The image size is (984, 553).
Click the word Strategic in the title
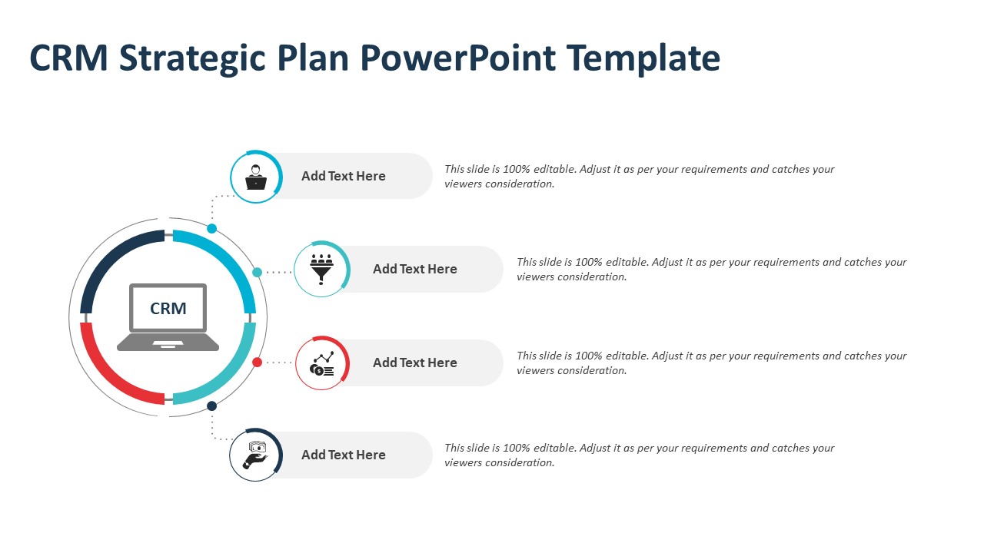(192, 59)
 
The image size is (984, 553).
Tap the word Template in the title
(643, 59)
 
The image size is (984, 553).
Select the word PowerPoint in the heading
(458, 58)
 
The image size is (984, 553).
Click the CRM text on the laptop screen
(168, 309)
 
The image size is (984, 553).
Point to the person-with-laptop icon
(256, 177)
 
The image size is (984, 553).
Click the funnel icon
(321, 269)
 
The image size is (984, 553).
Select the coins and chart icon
(322, 364)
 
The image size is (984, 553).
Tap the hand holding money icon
(256, 455)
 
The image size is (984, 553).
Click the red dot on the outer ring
(257, 362)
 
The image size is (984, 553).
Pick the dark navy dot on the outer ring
(211, 406)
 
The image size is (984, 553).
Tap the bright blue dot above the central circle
(211, 228)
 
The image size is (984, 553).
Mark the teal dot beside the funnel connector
(257, 272)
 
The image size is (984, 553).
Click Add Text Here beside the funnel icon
(414, 269)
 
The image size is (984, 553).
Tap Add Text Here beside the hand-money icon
(343, 455)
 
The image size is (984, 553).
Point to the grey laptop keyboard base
(168, 343)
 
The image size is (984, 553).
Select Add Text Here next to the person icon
(343, 176)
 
